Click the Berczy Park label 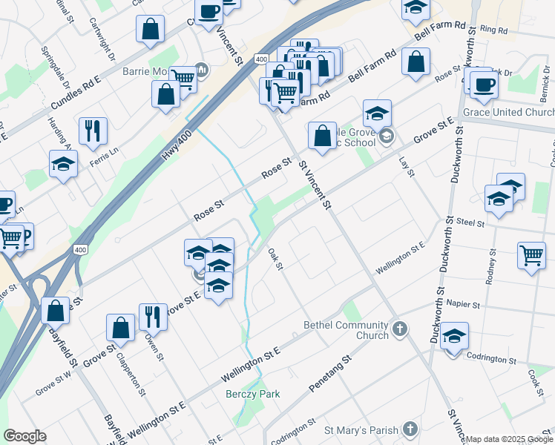pos(253,394)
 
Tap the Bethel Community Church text pos(346,330)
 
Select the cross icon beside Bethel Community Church pos(400,329)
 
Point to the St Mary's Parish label pos(361,429)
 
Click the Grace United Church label pos(508,112)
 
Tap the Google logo pos(24,436)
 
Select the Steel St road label pos(470,222)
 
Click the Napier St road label pos(463,304)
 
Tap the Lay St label pos(405,166)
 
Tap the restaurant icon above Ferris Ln pos(93,131)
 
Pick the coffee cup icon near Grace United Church pos(484,85)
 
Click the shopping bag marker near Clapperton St pos(120,328)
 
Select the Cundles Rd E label pos(76,96)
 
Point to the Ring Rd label pos(493,30)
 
